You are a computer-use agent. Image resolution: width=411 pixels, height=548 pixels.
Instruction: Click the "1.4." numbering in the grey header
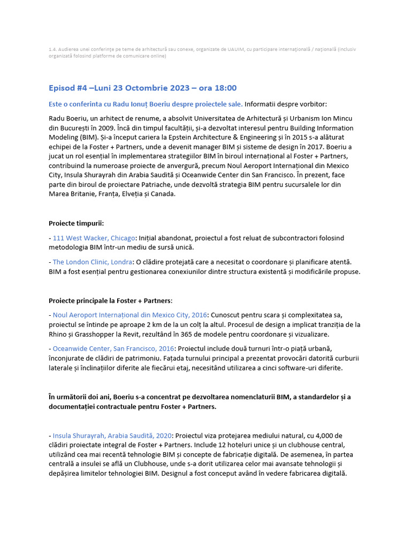click(53, 49)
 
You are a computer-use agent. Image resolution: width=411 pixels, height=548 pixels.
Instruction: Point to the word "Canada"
click(162, 194)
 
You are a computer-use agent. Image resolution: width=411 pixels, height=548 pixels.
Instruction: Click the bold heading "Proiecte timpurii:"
click(76, 223)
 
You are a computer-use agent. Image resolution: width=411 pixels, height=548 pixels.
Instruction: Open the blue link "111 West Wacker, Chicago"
click(94, 238)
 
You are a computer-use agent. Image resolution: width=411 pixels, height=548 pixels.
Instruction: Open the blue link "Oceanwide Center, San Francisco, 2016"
click(113, 349)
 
